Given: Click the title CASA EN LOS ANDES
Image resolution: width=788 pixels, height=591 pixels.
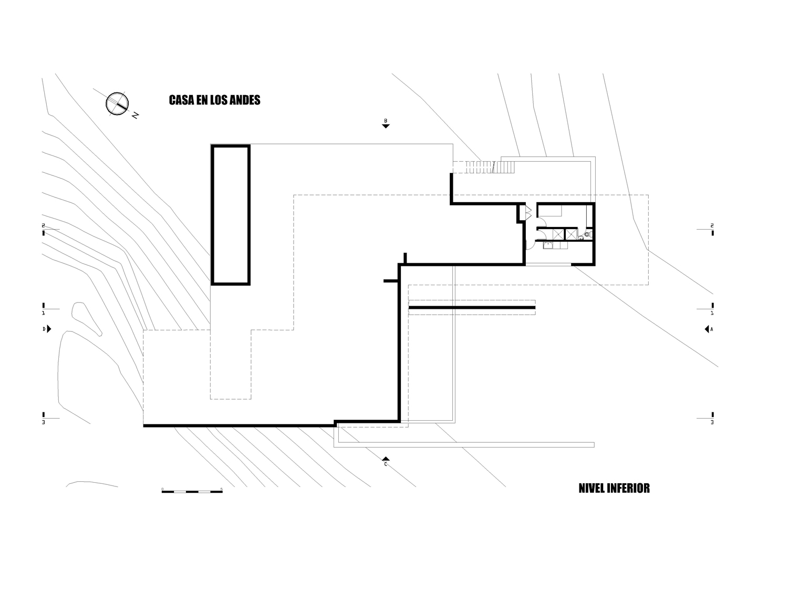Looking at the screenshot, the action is (214, 100).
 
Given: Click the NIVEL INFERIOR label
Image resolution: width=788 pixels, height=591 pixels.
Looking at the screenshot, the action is (614, 488).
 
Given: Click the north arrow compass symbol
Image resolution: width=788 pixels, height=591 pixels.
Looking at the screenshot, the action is (117, 103).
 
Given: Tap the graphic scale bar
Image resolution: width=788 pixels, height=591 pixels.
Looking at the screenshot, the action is (192, 491).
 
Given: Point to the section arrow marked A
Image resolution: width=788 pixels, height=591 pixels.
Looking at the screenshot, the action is (709, 329).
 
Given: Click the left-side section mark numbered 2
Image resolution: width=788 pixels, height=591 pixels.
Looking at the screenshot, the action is (44, 229).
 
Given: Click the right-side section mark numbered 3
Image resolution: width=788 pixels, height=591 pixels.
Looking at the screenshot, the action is (712, 418).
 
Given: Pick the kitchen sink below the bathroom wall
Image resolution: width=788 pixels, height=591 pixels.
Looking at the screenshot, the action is (548, 245).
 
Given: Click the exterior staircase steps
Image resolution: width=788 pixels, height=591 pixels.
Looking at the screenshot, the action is (484, 167).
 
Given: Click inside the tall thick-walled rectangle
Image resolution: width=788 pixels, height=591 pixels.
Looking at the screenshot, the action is (231, 214).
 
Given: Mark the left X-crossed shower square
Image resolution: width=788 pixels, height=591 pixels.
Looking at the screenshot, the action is (558, 234).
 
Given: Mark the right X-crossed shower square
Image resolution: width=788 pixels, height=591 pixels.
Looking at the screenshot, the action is (571, 234).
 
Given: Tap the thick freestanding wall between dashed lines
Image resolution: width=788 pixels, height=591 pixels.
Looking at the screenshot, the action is (472, 307).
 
